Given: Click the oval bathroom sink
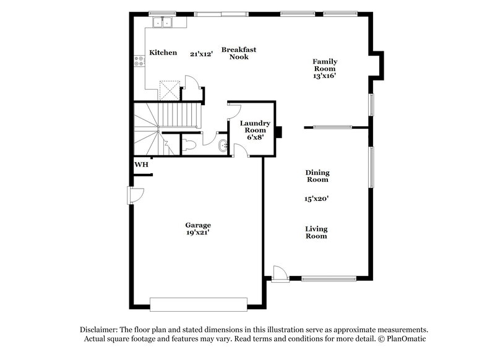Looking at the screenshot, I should pos(223,146).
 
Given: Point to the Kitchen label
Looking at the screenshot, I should pos(163,53).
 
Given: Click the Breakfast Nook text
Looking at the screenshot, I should pos(239,53).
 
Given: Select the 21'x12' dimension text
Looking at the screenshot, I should pos(201,54).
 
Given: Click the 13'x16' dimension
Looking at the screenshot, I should pos(324,76).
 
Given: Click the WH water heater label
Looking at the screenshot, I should pos(140,165).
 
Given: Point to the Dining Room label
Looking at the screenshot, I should pos(317,176).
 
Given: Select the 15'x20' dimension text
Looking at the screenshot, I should pos(316,199).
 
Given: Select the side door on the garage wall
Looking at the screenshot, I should pos(136,195).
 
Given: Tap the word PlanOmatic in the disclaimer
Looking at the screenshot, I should pos(406,340).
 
